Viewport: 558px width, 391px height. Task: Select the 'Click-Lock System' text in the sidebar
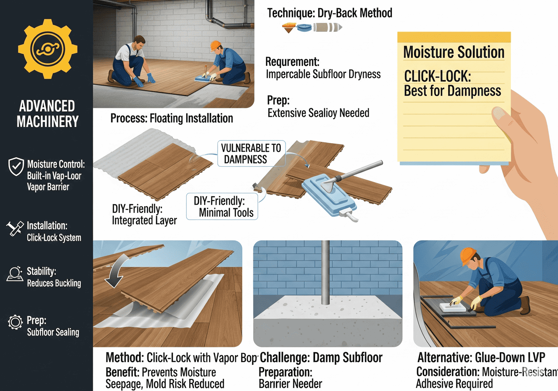click(x=54, y=238)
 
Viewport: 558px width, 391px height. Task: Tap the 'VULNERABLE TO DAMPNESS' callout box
click(x=251, y=153)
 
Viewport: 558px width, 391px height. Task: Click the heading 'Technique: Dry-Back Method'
click(x=330, y=13)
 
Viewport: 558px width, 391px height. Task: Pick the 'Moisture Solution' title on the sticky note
click(x=454, y=52)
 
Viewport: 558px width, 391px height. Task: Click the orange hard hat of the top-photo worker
click(x=215, y=45)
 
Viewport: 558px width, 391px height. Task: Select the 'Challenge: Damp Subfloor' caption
click(x=321, y=358)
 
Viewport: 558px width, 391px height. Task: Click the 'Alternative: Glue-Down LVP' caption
click(x=481, y=358)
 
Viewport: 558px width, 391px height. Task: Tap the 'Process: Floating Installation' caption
click(x=171, y=118)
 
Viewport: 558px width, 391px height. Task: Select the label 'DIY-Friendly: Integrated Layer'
click(x=144, y=214)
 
